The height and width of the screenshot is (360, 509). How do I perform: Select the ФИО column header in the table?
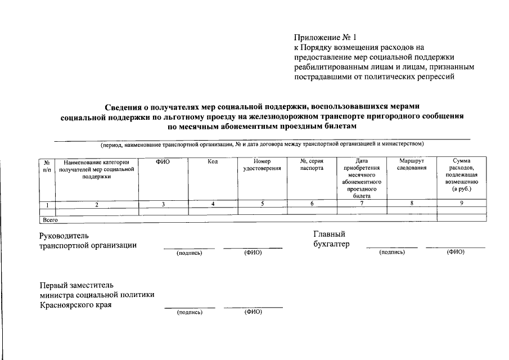(x=163, y=161)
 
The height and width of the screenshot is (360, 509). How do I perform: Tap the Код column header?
(x=213, y=161)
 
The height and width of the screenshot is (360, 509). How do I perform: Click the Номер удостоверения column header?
(x=262, y=165)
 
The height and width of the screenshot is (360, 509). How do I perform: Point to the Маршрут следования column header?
(x=412, y=165)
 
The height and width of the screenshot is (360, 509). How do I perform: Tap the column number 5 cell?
(x=262, y=204)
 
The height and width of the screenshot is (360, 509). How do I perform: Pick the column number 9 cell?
(x=461, y=204)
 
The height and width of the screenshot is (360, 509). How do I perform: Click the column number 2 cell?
(x=97, y=205)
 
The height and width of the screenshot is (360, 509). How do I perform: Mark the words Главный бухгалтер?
(x=331, y=239)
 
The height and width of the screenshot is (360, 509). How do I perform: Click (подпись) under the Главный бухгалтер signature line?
(x=392, y=252)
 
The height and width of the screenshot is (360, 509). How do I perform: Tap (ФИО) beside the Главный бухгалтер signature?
(x=455, y=252)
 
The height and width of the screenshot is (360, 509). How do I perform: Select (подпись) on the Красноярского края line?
(x=189, y=312)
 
